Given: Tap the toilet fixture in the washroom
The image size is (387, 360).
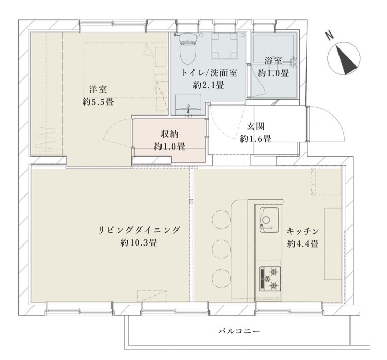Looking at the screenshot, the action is coord(188,48).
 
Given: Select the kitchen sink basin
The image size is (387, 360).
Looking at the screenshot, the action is coord(269,220).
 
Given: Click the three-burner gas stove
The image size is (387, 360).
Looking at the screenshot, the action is coord(270,279).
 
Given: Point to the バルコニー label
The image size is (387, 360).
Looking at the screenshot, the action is coord(239,331).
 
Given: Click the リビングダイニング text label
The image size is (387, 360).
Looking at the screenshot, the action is coord(139,231).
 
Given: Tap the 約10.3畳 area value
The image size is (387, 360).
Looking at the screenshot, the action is coord(139,243).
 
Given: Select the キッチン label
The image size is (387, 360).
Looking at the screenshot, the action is coord(303,231).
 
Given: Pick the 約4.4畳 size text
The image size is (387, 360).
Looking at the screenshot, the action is coord(303,244).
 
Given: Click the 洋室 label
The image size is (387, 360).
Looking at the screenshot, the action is coord(98,89).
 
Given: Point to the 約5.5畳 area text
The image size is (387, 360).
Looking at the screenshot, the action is coord(98,102).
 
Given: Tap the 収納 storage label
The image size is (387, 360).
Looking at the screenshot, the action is coord(170,134).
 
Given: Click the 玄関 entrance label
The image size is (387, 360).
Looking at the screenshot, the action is coord(256,126).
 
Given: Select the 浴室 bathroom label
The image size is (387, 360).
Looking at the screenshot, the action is coord(273,61).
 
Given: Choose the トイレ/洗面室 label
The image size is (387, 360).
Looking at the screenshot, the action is coord(209,73).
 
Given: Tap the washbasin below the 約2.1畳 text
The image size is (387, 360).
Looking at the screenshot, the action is coord(188,104).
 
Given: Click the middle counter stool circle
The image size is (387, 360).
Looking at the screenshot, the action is coord(221,249).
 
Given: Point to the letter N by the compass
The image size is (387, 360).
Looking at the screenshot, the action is coord(330,36).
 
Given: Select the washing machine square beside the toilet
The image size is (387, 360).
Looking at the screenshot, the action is coord(224,45).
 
